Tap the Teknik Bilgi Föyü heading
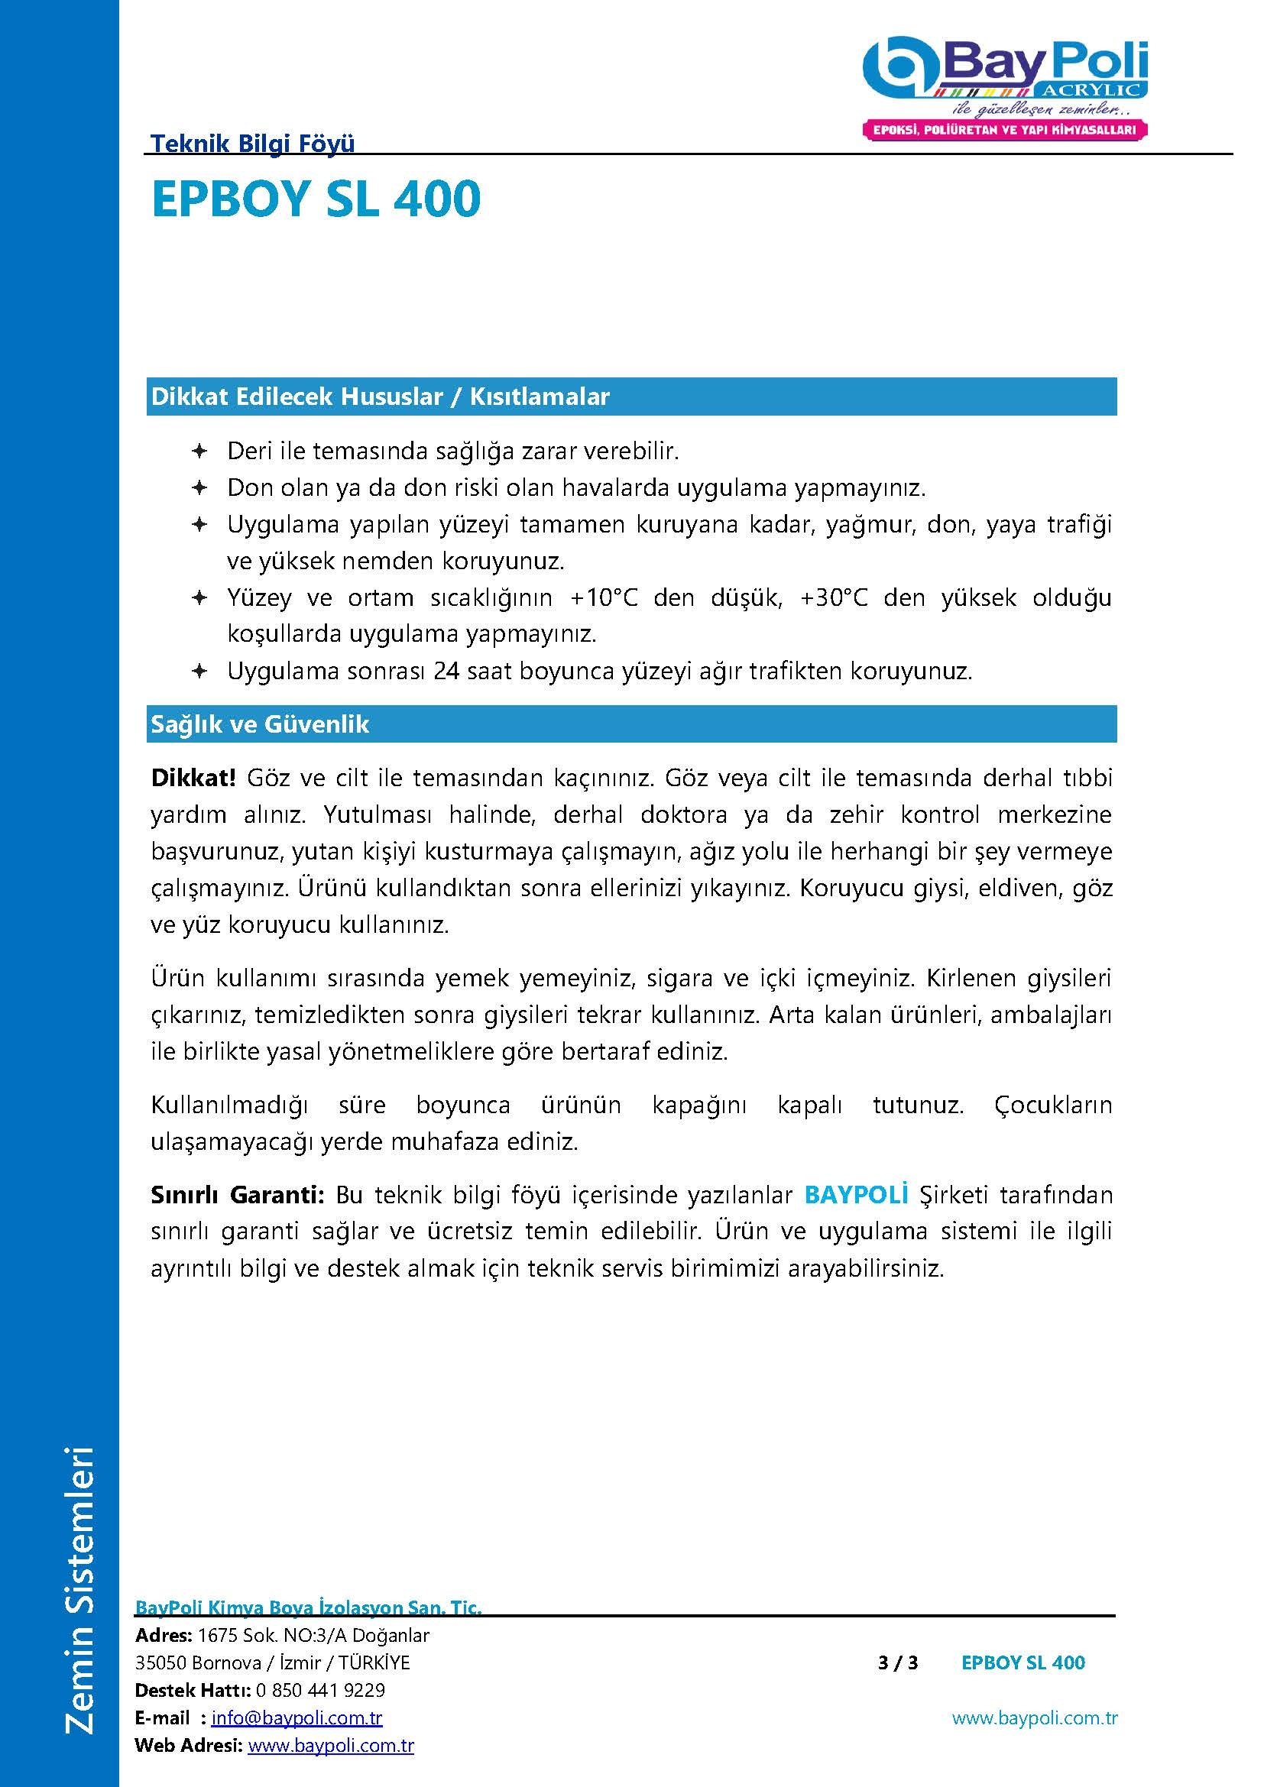252,143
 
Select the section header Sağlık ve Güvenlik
260,724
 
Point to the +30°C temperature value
834,597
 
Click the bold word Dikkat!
193,778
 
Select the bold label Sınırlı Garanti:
238,1194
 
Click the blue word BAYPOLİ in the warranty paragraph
856,1194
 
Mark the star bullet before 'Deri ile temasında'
199,451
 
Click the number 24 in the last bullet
446,671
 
